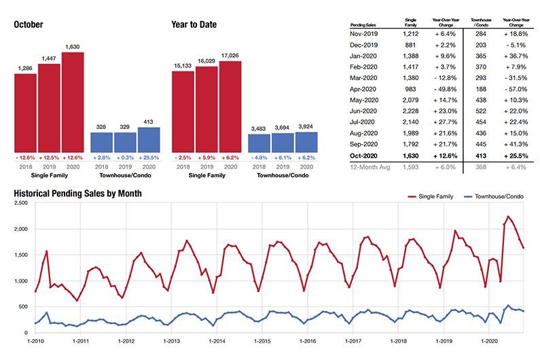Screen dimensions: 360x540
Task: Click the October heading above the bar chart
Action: tap(29, 25)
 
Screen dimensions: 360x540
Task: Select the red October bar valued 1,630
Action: tap(72, 102)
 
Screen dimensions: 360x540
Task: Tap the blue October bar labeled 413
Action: tap(149, 139)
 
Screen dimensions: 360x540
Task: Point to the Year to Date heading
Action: tap(194, 25)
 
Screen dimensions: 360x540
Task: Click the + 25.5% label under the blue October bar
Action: tap(149, 157)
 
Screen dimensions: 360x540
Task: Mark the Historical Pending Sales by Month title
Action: tap(77, 194)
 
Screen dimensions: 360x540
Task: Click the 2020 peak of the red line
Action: tap(509, 217)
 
